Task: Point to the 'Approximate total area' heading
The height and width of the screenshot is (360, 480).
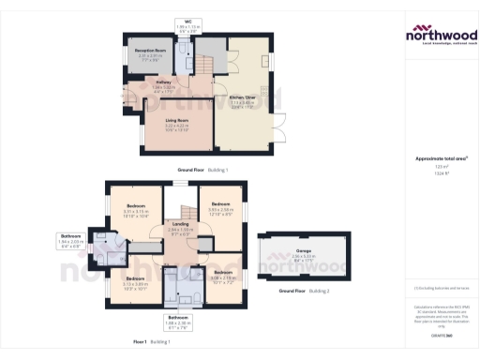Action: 441,158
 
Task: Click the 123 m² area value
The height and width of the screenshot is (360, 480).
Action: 441,168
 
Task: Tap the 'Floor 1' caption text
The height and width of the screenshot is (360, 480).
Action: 141,342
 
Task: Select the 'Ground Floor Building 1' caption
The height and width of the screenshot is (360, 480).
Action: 202,170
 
